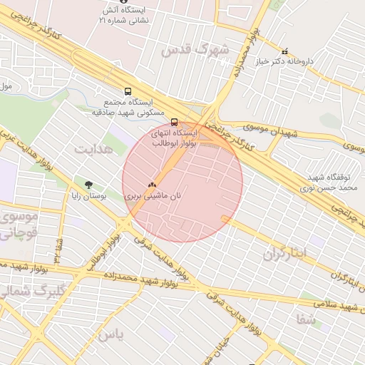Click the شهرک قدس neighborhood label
pyautogui.click(x=196, y=51)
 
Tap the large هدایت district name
pyautogui.click(x=93, y=149)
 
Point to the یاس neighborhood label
pyautogui.click(x=110, y=334)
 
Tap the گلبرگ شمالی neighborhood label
pyautogui.click(x=24, y=290)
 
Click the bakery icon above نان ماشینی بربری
pyautogui.click(x=151, y=183)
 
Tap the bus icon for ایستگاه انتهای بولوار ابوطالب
pyautogui.click(x=175, y=122)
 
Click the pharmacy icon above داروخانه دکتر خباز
pyautogui.click(x=285, y=51)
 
